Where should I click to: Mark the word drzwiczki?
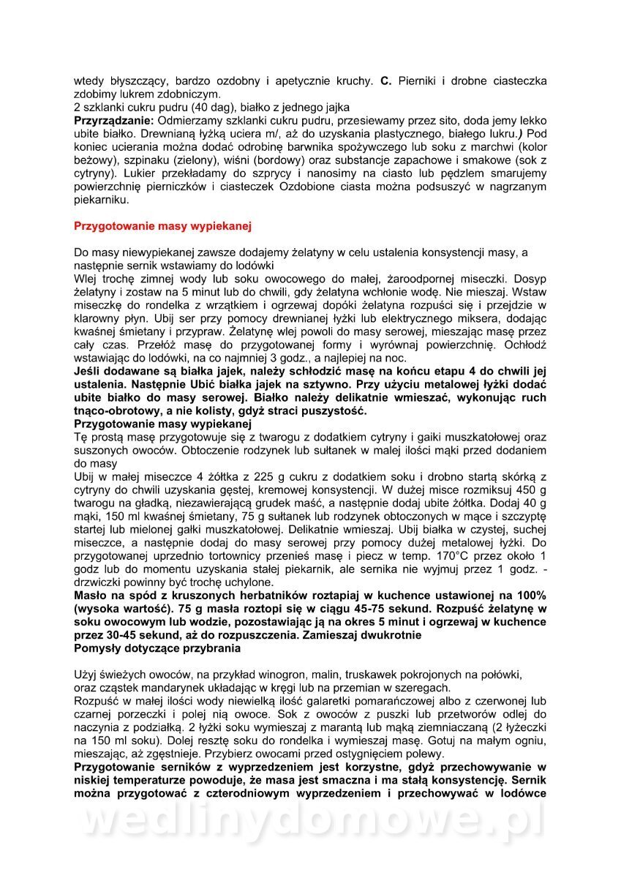click(x=101, y=582)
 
